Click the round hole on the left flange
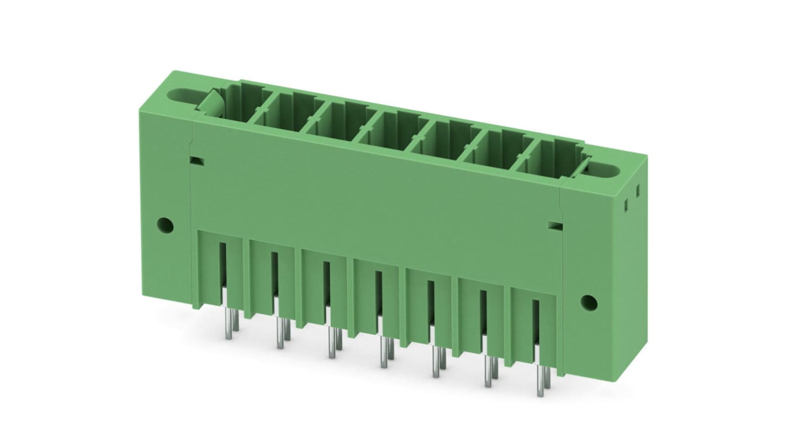(x=164, y=225)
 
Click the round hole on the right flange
(x=588, y=302)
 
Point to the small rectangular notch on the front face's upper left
(x=196, y=161)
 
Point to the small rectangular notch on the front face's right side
(x=554, y=226)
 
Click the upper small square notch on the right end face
(x=638, y=191)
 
